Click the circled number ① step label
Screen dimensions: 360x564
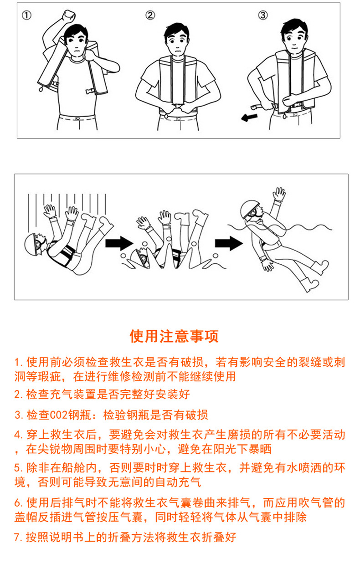26,15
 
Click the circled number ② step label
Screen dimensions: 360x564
150,15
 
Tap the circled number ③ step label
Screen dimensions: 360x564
263,15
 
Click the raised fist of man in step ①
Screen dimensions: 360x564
68,15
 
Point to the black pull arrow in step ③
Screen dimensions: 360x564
249,118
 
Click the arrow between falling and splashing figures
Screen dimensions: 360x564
119,243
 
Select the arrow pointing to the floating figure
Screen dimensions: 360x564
229,243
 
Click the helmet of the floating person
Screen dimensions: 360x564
249,209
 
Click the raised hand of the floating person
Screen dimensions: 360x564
279,194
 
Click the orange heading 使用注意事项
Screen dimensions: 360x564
174,336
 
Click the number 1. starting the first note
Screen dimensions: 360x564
19,362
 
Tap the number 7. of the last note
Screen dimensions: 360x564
19,537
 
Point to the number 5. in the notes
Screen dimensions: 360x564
19,468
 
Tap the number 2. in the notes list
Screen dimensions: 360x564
19,394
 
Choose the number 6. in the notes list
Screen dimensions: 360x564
19,503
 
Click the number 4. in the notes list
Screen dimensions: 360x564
19,435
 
